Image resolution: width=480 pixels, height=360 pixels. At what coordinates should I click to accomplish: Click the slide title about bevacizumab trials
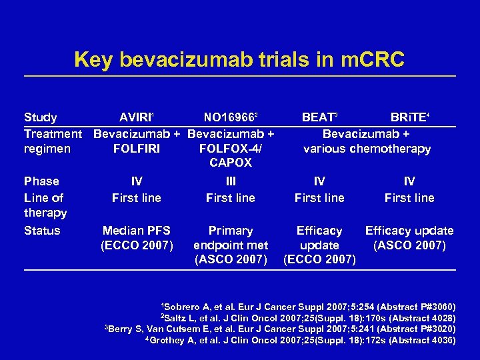point(239,59)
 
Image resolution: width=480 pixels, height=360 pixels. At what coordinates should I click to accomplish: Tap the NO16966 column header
point(230,117)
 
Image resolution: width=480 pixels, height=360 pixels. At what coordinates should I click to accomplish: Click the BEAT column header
point(319,117)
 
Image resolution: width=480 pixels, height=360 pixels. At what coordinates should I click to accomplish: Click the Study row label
point(40,117)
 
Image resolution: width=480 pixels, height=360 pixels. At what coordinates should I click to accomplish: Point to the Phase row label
point(41,181)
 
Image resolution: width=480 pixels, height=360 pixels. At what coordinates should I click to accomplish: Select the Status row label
point(42,231)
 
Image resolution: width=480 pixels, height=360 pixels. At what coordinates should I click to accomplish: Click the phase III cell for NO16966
point(230,181)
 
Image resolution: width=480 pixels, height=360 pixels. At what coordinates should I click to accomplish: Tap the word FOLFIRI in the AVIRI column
point(137,149)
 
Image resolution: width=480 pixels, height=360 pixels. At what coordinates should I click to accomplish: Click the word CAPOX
point(230,163)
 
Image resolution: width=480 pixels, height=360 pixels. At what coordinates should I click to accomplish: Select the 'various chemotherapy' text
point(367,149)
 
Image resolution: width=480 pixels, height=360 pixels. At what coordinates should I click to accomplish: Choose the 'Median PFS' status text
point(137,231)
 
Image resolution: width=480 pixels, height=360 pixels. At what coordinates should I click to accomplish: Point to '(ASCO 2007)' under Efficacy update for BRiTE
point(409,245)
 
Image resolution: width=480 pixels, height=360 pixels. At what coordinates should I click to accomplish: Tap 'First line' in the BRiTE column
point(409,198)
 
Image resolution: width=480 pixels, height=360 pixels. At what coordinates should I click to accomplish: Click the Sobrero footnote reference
point(309,307)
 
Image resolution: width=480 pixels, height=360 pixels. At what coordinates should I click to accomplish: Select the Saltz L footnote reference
point(307,318)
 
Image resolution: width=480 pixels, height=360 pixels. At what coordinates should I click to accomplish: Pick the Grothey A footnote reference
point(301,340)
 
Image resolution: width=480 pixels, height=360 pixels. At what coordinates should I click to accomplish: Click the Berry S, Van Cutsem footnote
point(281,329)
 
